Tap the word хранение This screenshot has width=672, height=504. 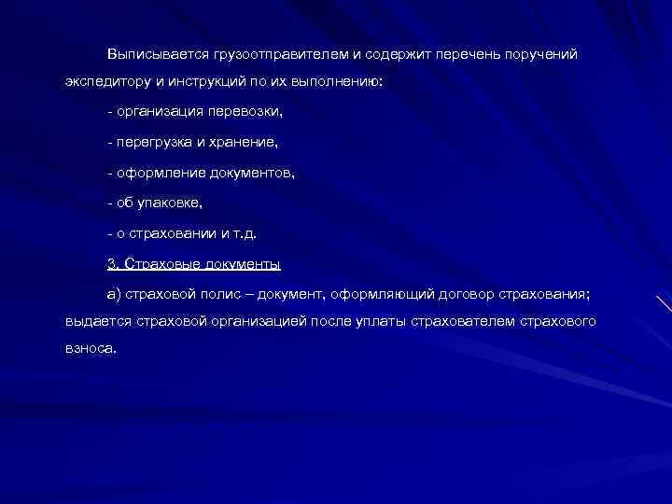click(x=246, y=143)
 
